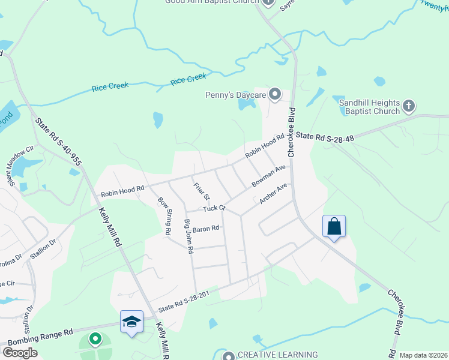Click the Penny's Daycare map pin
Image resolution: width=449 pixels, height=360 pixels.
point(275,94)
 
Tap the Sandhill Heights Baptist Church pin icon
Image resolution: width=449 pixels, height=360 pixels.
point(408,106)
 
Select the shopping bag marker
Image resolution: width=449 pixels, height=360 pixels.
point(334,227)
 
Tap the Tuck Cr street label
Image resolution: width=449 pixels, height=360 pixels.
point(213,208)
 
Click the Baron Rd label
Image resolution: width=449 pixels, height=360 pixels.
point(206,228)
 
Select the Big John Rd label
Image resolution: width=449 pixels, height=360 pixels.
point(188,236)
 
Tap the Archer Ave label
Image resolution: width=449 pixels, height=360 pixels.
point(274,193)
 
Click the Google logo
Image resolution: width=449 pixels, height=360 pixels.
point(20,352)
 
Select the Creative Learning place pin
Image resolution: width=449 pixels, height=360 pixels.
point(228,356)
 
